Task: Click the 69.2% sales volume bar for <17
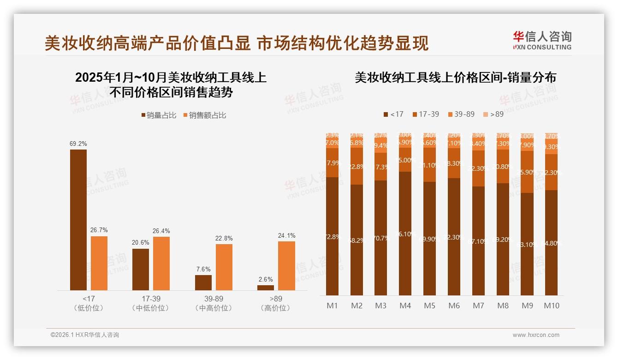click(x=78, y=220)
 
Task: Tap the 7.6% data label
click(x=203, y=269)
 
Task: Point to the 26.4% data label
click(x=161, y=231)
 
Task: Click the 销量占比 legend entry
click(x=158, y=115)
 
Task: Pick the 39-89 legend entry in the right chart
click(x=461, y=114)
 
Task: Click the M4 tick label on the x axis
click(x=405, y=306)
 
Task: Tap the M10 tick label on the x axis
click(x=551, y=306)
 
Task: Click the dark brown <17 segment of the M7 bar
click(x=478, y=240)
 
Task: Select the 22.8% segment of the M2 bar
click(x=357, y=166)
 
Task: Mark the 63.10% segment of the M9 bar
click(x=527, y=244)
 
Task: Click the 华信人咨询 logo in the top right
click(x=542, y=40)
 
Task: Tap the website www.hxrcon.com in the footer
click(x=535, y=335)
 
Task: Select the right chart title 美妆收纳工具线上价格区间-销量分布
click(x=455, y=78)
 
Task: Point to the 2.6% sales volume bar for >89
click(x=266, y=288)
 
